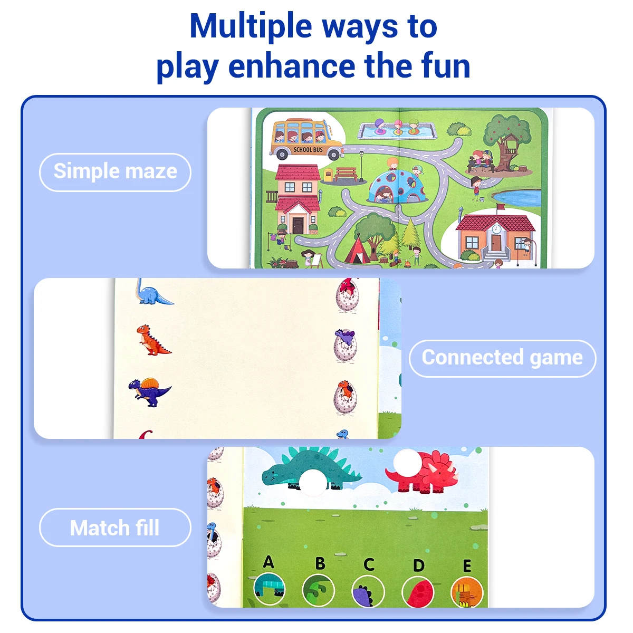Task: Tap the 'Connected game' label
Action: tap(502, 358)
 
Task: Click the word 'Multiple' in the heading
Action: tap(251, 26)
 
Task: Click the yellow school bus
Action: tap(306, 139)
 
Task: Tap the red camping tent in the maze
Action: tap(358, 251)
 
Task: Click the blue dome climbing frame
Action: tap(398, 187)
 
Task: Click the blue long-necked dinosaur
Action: tap(152, 292)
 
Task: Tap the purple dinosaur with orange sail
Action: tap(149, 392)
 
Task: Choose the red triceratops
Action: tap(424, 473)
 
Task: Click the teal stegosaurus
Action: tap(310, 469)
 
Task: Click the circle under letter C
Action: tap(368, 590)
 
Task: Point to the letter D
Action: tap(418, 565)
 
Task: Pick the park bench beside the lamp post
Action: tap(346, 175)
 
